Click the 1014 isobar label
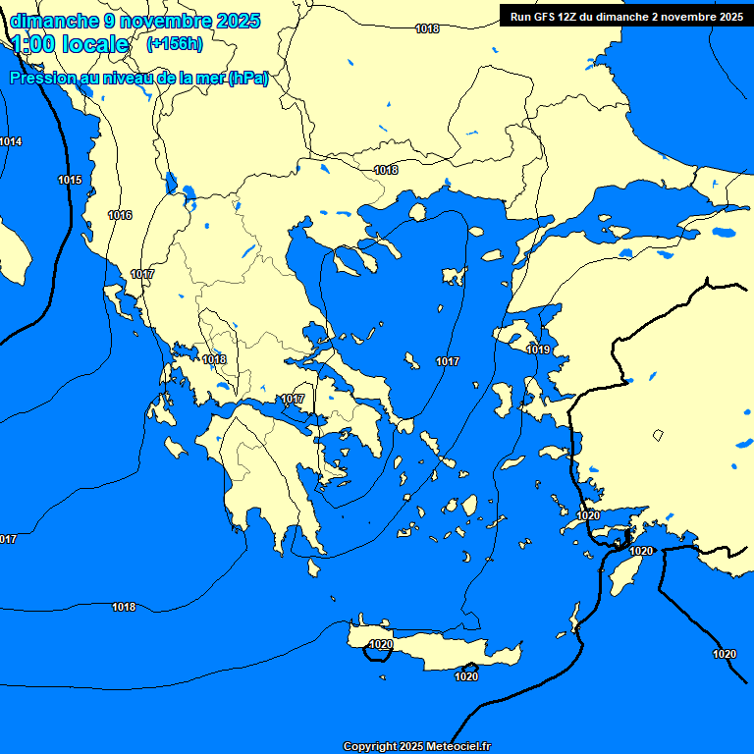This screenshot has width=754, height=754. coord(11,141)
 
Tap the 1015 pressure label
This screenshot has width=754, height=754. coord(70,180)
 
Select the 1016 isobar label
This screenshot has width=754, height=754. coord(120,215)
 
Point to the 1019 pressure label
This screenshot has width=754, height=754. coord(538,350)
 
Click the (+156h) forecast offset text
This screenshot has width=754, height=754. coord(174,43)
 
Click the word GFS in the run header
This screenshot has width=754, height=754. coord(546,17)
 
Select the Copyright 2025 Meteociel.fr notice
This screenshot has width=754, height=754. coord(417,746)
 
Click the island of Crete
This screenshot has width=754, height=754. coord(442,650)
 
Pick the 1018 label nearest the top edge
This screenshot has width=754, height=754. coord(427,28)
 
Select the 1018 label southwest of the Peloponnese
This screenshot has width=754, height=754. coord(124,607)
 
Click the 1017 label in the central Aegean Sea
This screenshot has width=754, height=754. coord(448,361)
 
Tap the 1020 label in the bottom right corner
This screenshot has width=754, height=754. coord(724,654)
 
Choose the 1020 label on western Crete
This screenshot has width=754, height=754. coord(381,644)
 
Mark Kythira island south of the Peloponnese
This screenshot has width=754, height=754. coord(314,567)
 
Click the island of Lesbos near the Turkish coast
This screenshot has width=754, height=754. coord(515,334)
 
